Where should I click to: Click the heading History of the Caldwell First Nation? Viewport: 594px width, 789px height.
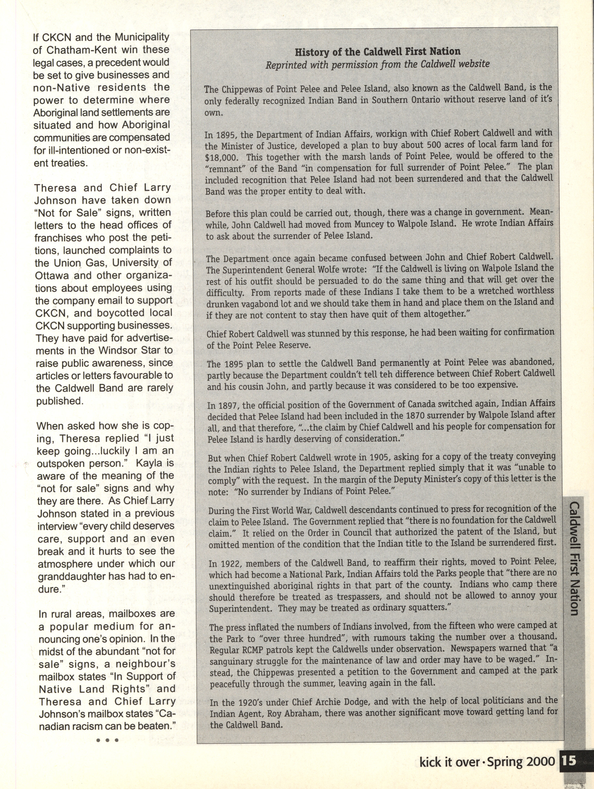click(378, 52)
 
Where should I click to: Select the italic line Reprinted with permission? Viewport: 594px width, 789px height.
click(378, 64)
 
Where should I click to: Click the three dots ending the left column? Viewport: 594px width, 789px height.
click(107, 740)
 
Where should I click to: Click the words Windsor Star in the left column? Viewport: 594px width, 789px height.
click(129, 350)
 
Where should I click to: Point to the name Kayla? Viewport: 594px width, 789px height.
click(154, 463)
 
